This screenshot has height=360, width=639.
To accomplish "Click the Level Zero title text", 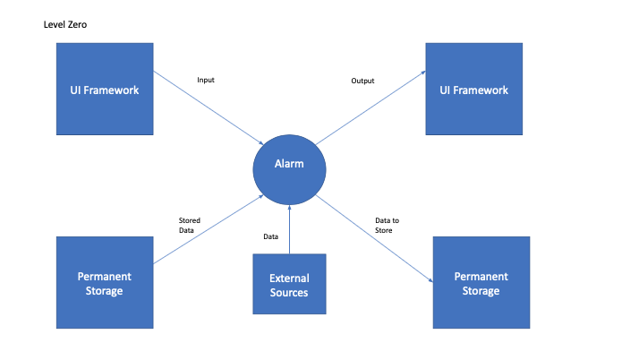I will pos(65,24).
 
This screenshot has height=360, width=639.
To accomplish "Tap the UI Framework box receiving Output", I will pos(473,90).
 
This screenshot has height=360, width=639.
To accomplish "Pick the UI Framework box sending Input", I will pos(104,90).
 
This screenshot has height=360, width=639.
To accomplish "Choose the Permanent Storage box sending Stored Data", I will pos(104,284).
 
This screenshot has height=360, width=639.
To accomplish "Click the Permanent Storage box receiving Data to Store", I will pos(481,284).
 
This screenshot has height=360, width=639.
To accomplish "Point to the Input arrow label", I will pos(206,81).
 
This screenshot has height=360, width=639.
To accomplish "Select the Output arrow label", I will pos(362,81).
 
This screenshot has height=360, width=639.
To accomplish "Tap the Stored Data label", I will pos(190,225).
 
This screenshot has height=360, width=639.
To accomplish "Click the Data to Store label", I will pos(383,225).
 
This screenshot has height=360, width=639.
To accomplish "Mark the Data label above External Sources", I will pos(270,237).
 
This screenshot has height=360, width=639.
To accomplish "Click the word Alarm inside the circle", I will pos(289,165).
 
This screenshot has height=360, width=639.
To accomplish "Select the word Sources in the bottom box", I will pos(289,293).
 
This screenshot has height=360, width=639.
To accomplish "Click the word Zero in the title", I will pos(77,24).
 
